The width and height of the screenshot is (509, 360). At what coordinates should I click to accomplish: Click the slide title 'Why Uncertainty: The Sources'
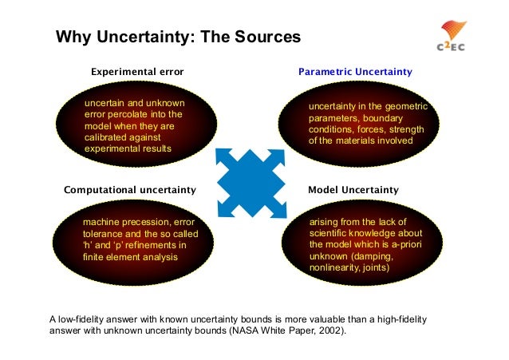177,38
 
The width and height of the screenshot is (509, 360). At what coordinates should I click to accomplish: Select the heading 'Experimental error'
137,72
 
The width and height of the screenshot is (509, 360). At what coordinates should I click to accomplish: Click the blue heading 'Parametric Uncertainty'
355,72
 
